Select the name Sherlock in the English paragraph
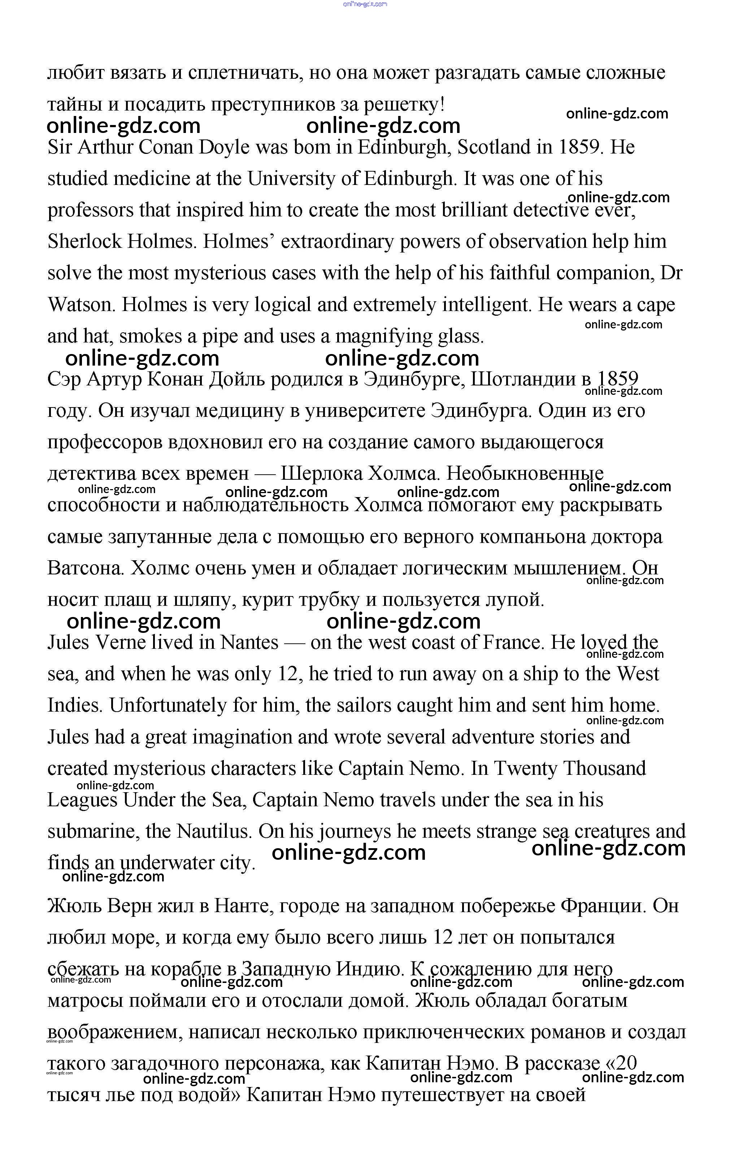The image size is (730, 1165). (84, 242)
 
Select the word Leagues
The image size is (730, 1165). (82, 801)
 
